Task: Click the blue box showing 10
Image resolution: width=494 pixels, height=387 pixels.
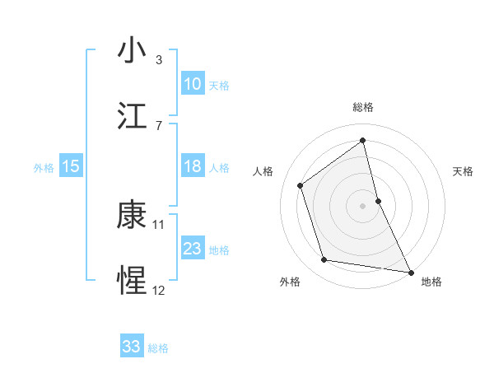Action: click(193, 84)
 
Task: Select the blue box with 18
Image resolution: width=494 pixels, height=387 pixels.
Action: click(193, 166)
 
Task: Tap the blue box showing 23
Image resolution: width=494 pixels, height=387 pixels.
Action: click(193, 249)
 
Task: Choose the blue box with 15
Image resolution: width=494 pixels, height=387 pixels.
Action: click(71, 166)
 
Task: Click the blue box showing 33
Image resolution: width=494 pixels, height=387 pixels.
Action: click(132, 347)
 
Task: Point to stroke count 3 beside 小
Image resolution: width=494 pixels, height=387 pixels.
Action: click(159, 60)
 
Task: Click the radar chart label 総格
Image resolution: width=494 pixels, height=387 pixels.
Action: click(363, 108)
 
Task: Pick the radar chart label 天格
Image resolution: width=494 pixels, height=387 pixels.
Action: click(464, 171)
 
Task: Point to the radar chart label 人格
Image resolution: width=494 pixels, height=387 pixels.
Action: click(263, 171)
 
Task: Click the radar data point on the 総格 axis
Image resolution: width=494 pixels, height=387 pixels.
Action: click(363, 141)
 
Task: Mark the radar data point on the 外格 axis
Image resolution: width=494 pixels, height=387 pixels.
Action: click(324, 260)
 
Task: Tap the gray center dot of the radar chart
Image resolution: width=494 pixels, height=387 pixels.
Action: click(363, 206)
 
